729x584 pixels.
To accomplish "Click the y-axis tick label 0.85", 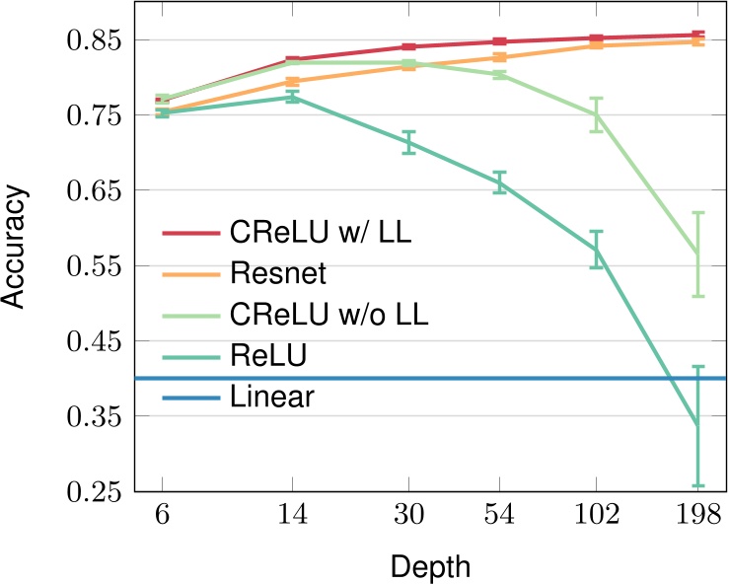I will [x=92, y=40].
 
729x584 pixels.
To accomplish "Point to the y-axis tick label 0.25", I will [x=92, y=491].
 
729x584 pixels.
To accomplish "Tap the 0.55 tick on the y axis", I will [x=92, y=266].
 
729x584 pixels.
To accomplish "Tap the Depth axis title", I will [x=429, y=567].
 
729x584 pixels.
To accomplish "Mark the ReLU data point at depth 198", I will [x=697, y=425].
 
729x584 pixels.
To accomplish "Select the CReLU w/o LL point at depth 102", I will [x=596, y=114].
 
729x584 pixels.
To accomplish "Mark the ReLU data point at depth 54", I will [x=500, y=182].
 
